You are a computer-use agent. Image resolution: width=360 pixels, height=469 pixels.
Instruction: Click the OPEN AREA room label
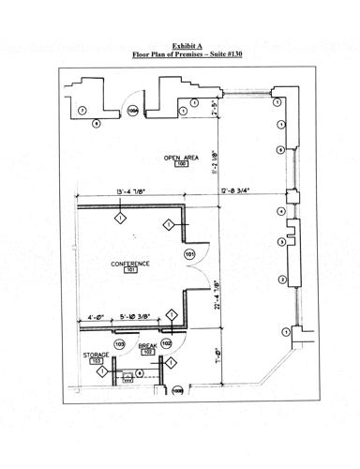click(x=180, y=156)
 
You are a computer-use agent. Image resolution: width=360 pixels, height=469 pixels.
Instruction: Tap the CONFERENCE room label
click(x=130, y=264)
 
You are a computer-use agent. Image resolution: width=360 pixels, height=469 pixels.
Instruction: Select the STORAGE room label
click(x=97, y=355)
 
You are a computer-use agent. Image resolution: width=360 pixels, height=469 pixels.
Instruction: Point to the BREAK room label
click(x=147, y=346)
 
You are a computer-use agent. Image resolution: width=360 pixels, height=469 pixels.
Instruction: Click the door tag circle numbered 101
click(x=189, y=253)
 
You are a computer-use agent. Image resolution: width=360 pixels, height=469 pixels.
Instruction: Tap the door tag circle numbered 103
click(x=120, y=344)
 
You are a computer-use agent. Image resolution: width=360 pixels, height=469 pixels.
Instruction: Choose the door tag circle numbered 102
click(x=166, y=344)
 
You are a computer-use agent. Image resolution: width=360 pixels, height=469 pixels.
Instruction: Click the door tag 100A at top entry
click(x=132, y=111)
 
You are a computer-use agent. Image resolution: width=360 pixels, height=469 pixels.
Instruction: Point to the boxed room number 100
click(x=182, y=164)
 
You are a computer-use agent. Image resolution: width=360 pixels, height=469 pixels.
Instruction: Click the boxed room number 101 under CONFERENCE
click(x=131, y=272)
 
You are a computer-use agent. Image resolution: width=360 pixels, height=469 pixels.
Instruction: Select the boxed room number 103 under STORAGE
click(x=97, y=362)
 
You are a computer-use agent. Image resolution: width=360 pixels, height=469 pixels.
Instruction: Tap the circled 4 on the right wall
click(x=280, y=212)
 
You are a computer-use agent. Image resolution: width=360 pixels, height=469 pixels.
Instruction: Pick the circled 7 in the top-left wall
click(x=82, y=111)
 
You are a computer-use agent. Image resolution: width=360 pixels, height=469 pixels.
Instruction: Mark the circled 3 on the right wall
click(x=280, y=243)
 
